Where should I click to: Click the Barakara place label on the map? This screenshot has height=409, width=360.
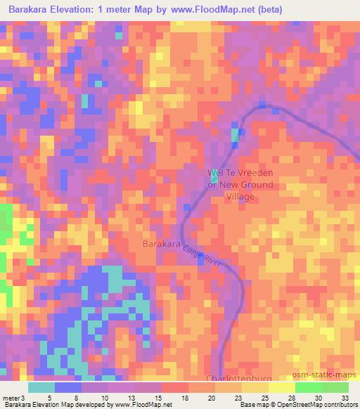click(162, 245)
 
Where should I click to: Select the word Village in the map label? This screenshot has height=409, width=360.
click(240, 197)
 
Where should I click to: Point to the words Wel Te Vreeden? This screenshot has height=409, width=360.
click(239, 172)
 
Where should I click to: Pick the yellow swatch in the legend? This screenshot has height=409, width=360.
click(281, 387)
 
